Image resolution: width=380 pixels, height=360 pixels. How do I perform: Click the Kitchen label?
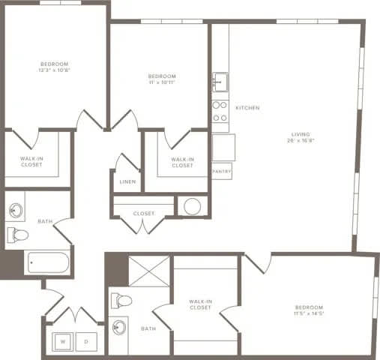247,108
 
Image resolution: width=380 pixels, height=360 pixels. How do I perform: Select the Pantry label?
222,172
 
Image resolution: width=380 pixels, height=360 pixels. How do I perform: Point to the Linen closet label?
127,181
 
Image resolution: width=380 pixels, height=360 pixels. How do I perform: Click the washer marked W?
63,342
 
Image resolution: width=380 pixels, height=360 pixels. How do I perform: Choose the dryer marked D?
87,342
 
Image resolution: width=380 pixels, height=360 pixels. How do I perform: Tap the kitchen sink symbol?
220,81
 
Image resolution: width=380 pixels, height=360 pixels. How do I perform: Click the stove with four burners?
220,111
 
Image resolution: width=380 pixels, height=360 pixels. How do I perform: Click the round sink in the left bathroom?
16,209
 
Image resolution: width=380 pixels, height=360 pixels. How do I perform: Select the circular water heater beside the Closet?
192,206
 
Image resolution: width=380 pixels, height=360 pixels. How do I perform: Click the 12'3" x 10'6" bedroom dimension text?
55,70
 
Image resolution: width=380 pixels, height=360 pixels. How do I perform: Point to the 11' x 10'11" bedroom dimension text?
161,82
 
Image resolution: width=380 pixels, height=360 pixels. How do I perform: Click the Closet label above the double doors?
143,214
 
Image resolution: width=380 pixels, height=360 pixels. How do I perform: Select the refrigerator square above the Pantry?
223,147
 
